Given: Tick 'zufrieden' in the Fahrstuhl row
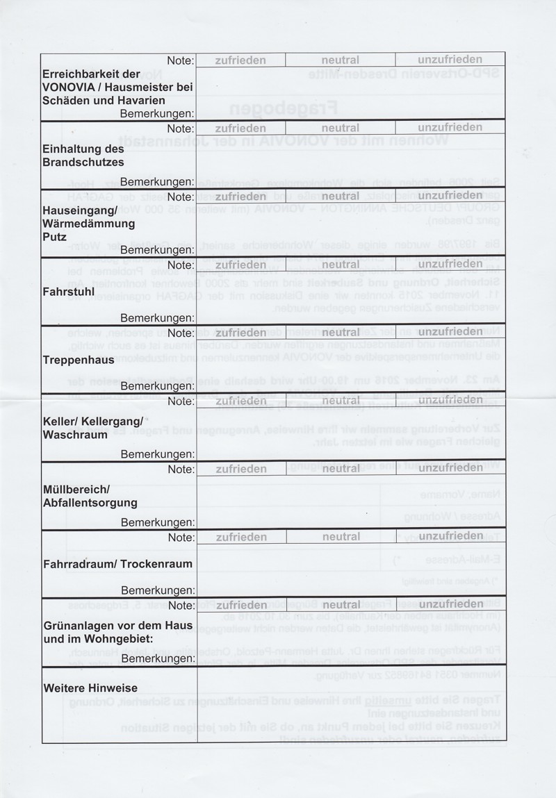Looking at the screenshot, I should [240, 265].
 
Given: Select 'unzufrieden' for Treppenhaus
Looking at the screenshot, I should [450, 333].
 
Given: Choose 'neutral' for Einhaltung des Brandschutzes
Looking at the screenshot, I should [340, 128].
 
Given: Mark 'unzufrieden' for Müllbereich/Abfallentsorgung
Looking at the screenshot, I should [450, 469].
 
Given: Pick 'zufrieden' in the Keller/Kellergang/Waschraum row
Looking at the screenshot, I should [240, 401].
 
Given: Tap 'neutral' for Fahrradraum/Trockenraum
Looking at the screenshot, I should [340, 537].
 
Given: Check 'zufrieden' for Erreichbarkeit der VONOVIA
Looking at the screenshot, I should [240, 60].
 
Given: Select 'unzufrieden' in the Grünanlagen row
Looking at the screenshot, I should [450, 605].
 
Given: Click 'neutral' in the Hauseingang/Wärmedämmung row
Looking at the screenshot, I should [340, 197].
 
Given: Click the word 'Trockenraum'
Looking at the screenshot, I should [156, 564].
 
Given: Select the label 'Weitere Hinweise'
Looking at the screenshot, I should [90, 688].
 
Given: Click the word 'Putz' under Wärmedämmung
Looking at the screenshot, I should [54, 237].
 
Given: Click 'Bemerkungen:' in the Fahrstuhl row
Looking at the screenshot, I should [156, 318].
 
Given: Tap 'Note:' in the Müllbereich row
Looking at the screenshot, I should [180, 469].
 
